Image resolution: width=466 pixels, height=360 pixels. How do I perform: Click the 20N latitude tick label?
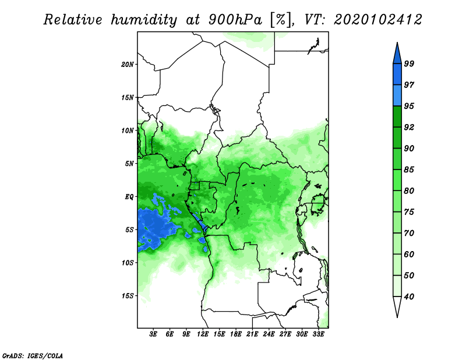pyautogui.click(x=128, y=65)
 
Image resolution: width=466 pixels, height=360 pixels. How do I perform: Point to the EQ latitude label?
pyautogui.click(x=129, y=197)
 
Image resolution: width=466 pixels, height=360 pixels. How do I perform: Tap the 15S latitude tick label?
pyautogui.click(x=128, y=296)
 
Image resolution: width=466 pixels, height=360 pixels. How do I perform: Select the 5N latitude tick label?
pyautogui.click(x=129, y=164)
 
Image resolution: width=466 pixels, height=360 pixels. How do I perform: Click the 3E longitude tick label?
pyautogui.click(x=153, y=334)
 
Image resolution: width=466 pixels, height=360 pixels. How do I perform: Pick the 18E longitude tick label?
pyautogui.click(x=236, y=334)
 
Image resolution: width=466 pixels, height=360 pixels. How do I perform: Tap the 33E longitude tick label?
pyautogui.click(x=318, y=334)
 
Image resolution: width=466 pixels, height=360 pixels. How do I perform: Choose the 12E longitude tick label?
pyautogui.click(x=203, y=334)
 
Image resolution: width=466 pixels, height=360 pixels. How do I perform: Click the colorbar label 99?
pyautogui.click(x=409, y=63)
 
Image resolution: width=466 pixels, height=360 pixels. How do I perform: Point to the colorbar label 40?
pyautogui.click(x=409, y=297)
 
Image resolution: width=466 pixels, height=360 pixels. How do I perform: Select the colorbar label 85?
pyautogui.click(x=409, y=170)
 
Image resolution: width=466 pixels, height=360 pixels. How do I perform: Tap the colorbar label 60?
pyautogui.click(x=409, y=254)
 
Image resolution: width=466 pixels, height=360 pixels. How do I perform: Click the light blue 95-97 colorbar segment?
pyautogui.click(x=397, y=96)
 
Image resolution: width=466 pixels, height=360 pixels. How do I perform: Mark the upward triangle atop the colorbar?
pyautogui.click(x=397, y=55)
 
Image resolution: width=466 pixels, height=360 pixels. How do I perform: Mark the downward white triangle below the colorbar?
pyautogui.click(x=397, y=306)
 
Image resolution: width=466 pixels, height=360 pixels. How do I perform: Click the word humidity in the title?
pyautogui.click(x=144, y=20)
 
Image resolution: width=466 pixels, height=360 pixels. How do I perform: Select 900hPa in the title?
pyautogui.click(x=235, y=20)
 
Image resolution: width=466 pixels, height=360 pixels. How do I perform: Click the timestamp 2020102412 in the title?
pyautogui.click(x=377, y=20)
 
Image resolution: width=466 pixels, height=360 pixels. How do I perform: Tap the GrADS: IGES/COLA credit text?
pyautogui.click(x=33, y=355)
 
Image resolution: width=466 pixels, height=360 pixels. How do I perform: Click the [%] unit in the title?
pyautogui.click(x=281, y=20)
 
